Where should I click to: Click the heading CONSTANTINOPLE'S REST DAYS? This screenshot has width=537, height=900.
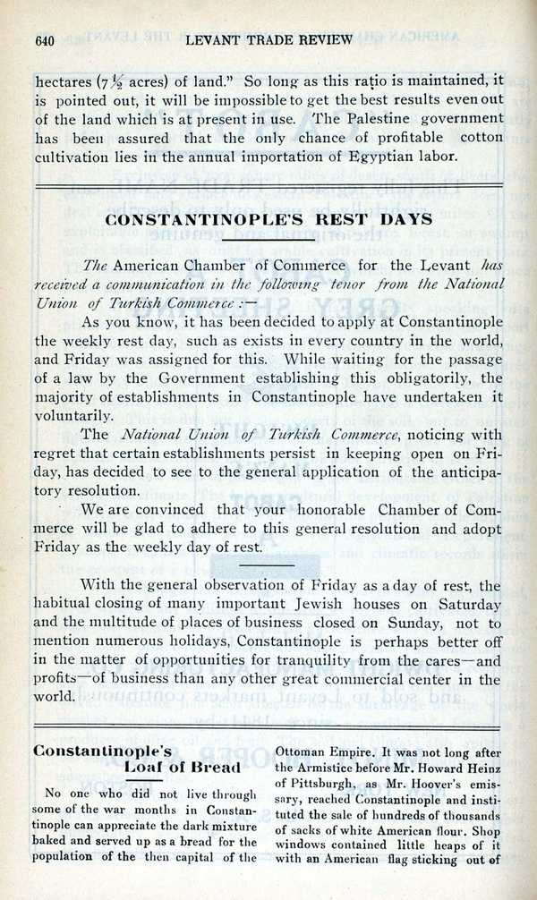point(269,219)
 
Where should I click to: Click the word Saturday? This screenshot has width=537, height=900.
point(470,606)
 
